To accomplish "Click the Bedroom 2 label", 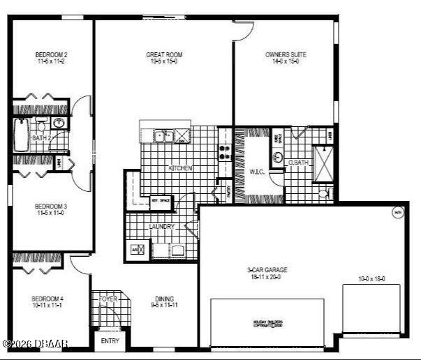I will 51,54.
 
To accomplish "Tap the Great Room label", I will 164,54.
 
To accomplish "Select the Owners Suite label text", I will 286,54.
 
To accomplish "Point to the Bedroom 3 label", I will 51,207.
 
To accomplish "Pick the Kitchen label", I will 180,169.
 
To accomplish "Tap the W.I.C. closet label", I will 257,171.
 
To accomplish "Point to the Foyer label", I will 108,299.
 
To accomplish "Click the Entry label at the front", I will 110,341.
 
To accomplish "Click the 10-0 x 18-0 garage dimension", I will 371,279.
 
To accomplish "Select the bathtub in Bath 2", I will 20,135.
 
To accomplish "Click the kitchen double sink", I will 165,135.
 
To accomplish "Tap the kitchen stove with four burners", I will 226,152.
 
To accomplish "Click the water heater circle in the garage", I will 397,213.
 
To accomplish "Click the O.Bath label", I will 299,163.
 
